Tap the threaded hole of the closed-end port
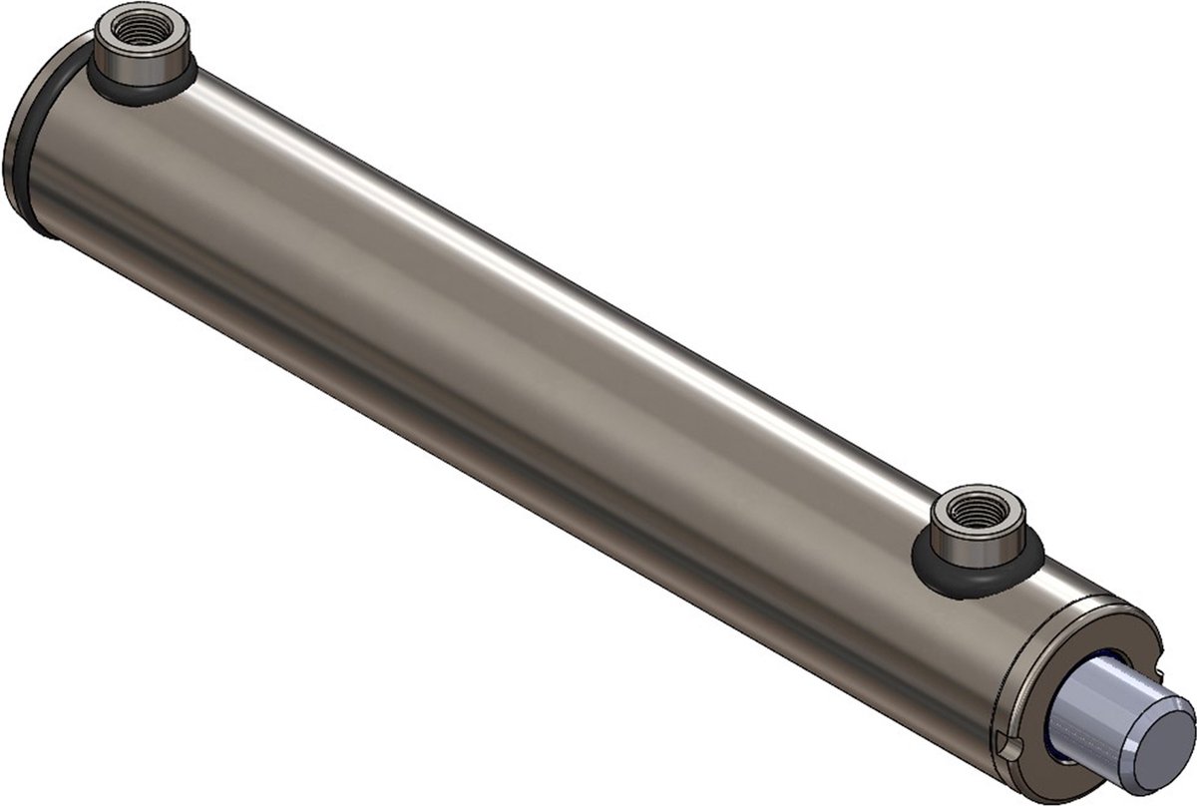135,29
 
